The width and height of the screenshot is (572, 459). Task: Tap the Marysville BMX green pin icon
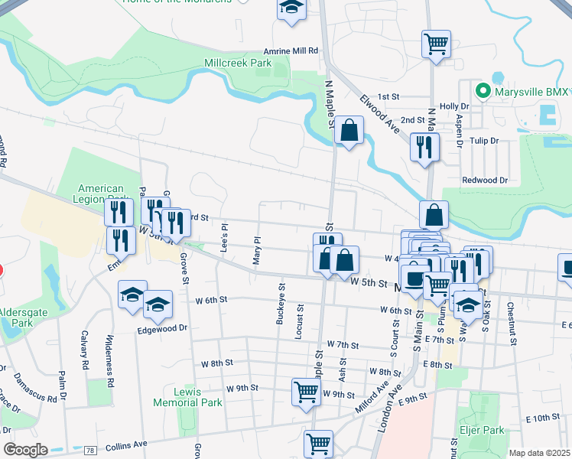(x=483, y=92)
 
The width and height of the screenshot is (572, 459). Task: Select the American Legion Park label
(x=102, y=194)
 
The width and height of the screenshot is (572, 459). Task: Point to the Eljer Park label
(x=481, y=431)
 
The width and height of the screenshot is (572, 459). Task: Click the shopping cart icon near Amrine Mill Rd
(x=436, y=43)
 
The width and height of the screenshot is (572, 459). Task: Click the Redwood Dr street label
(x=485, y=180)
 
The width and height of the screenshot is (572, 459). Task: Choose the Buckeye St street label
(x=281, y=304)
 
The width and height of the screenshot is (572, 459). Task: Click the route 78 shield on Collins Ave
(x=90, y=448)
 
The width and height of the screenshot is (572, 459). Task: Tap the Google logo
(x=25, y=450)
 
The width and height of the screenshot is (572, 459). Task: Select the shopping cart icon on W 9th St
(x=306, y=391)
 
